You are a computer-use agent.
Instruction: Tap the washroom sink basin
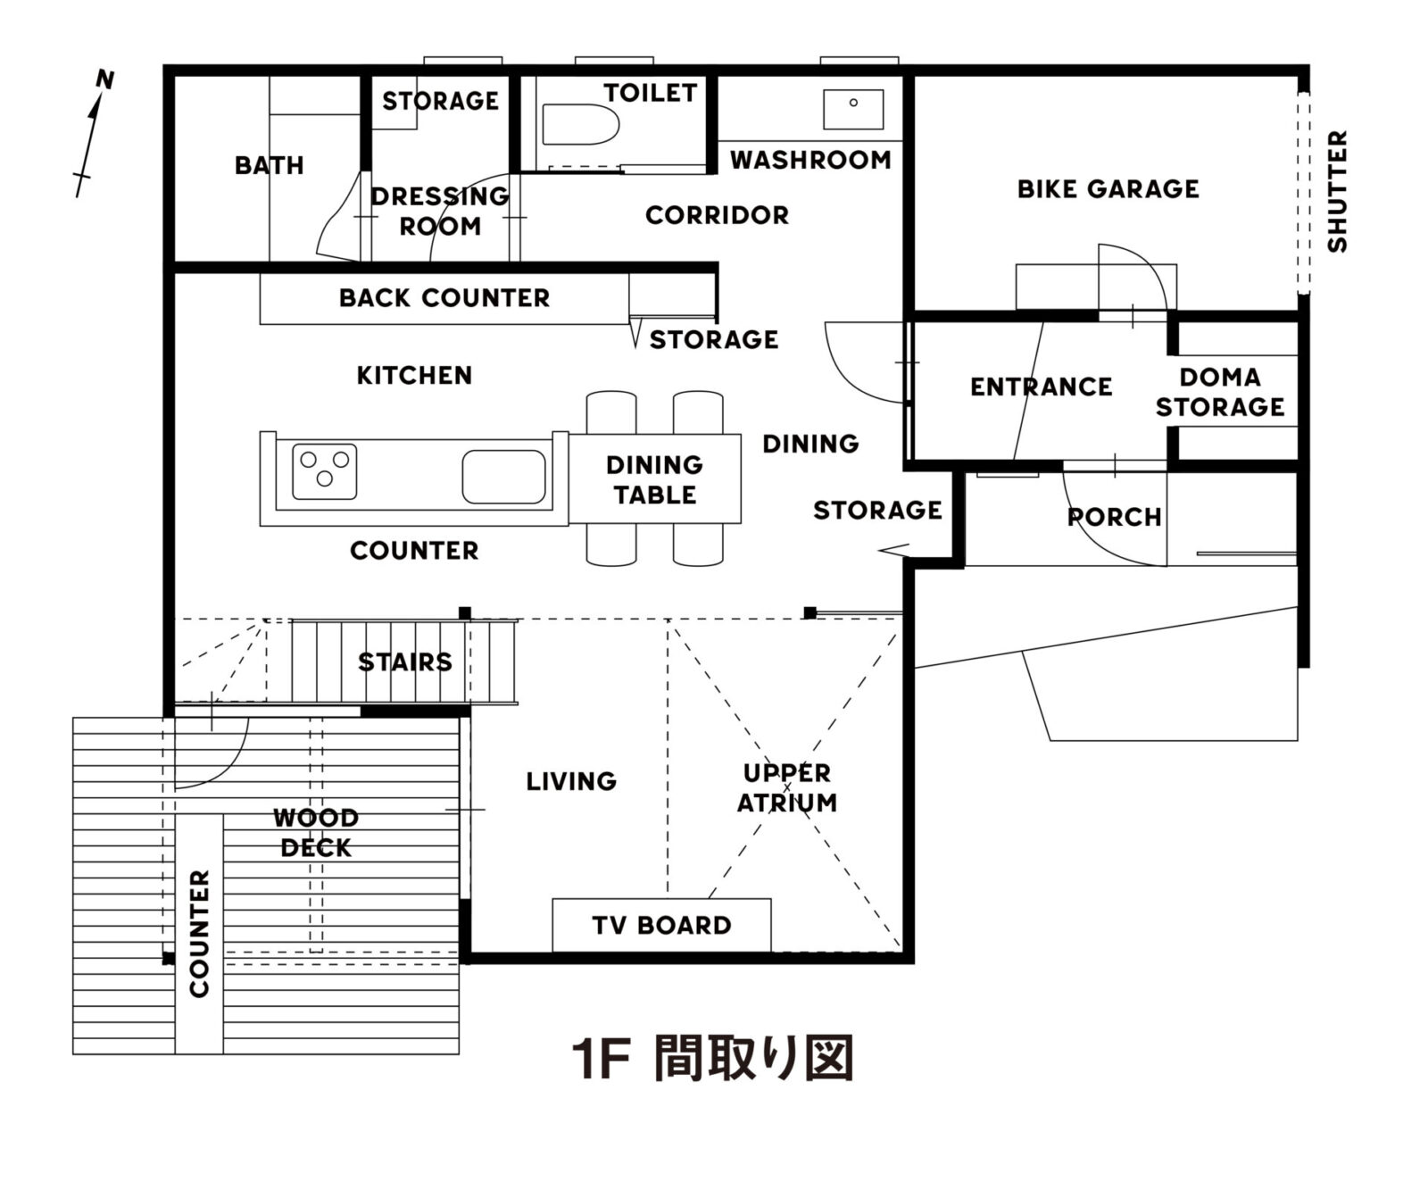[853, 108]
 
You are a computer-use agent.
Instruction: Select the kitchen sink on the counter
[503, 477]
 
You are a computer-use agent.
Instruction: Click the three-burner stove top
[324, 470]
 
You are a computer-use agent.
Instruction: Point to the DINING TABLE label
[654, 479]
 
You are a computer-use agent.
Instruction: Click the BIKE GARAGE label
[1108, 188]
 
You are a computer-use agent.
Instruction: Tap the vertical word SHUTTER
[1336, 191]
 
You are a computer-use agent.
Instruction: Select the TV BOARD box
[661, 925]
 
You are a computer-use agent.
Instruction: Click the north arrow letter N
[105, 80]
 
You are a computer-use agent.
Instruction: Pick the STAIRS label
[404, 662]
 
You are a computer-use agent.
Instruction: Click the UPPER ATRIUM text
[786, 787]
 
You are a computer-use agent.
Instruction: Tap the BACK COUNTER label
[444, 297]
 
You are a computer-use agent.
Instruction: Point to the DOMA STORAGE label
[1219, 392]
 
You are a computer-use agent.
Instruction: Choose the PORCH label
[1114, 517]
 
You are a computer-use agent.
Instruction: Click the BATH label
[269, 165]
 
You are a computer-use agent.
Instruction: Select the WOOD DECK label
[316, 832]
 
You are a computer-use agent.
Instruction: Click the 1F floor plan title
[712, 1059]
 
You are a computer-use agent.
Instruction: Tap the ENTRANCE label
[1041, 387]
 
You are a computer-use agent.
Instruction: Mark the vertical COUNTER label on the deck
[199, 934]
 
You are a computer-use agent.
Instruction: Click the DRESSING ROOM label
[440, 211]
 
